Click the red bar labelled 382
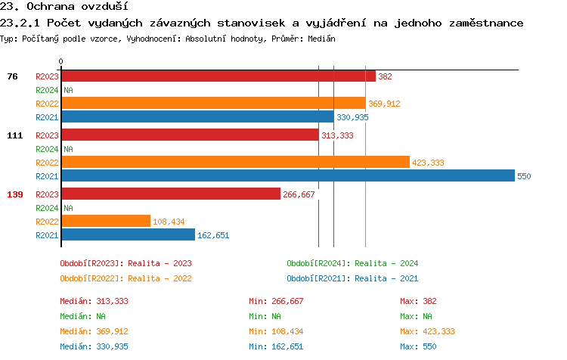point(218,76)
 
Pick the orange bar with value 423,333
point(235,163)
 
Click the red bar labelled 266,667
point(171,194)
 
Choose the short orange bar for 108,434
point(105,222)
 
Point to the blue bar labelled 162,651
point(128,235)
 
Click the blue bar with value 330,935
point(197,117)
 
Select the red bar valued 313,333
point(190,135)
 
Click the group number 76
point(12,76)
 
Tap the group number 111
point(14,135)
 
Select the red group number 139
point(14,194)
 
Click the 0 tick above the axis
point(61,61)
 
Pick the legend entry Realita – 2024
point(352,263)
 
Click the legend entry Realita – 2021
point(352,278)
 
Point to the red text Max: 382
point(419,301)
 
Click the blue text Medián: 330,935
point(94,346)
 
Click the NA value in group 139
point(68,208)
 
